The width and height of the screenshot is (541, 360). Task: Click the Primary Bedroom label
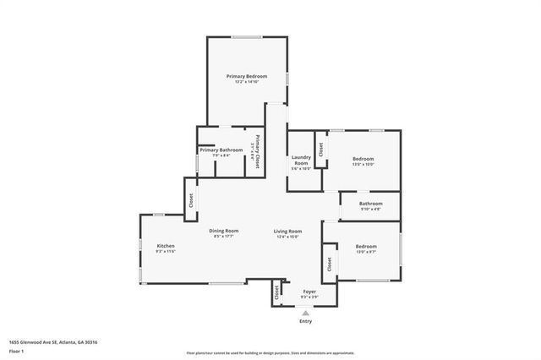(x=246, y=76)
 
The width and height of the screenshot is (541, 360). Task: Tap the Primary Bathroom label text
(x=216, y=150)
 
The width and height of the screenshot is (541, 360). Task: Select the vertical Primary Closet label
(x=256, y=150)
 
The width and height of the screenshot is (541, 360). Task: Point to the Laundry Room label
(x=302, y=160)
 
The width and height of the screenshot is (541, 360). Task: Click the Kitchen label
(x=165, y=246)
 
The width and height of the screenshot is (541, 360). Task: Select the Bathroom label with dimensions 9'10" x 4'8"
(x=370, y=203)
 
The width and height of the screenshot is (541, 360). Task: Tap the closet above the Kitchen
(x=191, y=200)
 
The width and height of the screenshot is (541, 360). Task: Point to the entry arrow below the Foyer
(x=306, y=312)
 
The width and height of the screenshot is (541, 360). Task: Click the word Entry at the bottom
(x=306, y=322)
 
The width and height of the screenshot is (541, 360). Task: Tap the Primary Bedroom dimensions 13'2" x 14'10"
(x=246, y=82)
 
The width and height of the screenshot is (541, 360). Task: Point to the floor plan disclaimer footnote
(x=271, y=352)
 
